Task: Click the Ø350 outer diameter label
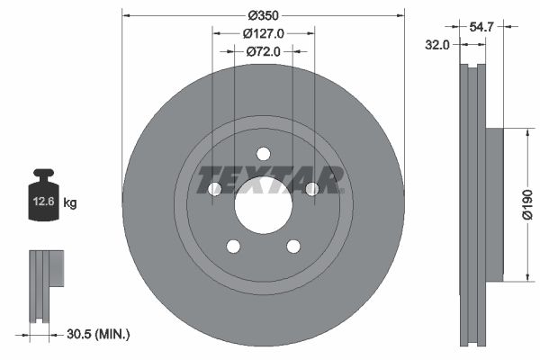click(x=263, y=15)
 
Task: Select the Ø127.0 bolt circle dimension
click(x=264, y=33)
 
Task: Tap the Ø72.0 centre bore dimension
click(x=264, y=51)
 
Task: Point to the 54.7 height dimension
click(x=482, y=28)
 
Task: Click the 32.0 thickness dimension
click(x=439, y=45)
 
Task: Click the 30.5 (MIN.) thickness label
click(x=98, y=334)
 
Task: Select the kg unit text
click(x=70, y=203)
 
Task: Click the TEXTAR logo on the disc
click(x=271, y=179)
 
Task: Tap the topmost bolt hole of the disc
click(x=263, y=153)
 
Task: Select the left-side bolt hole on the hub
click(x=214, y=189)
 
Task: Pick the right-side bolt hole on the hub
click(x=312, y=189)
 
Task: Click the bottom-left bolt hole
click(x=233, y=246)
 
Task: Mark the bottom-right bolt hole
click(x=293, y=246)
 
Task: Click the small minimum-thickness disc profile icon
click(x=45, y=284)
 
